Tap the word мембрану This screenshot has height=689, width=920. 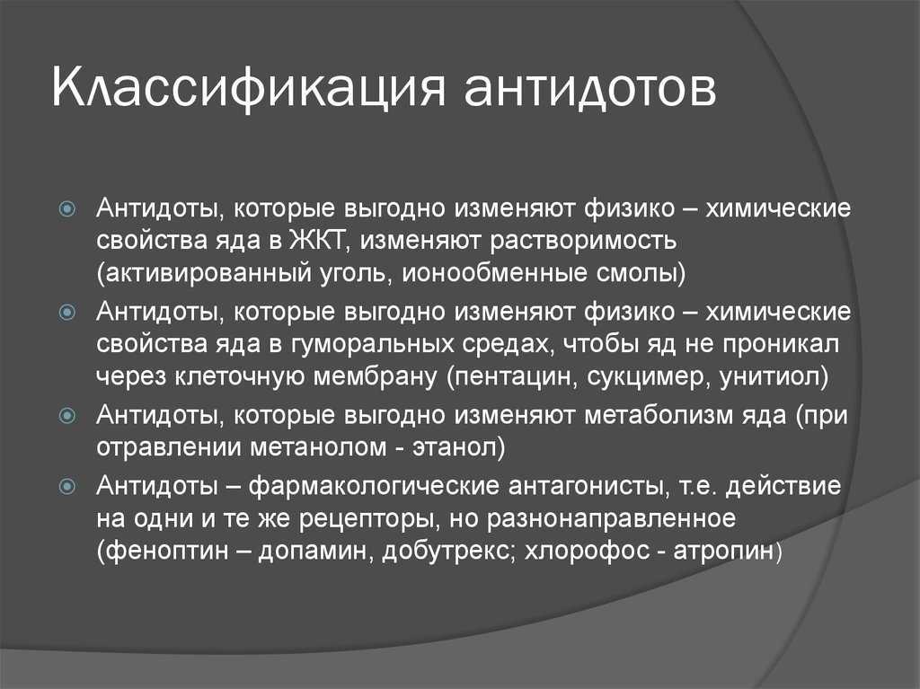click(375, 377)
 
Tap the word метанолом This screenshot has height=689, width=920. click(319, 448)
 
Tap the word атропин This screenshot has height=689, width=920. click(724, 552)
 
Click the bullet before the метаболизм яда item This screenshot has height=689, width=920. click(68, 416)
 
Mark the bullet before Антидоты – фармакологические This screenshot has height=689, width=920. click(68, 487)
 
